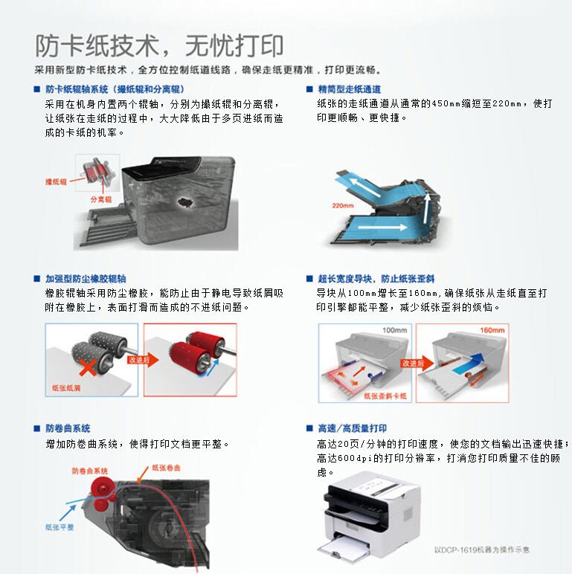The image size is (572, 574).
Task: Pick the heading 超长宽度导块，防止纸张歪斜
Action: click(376, 279)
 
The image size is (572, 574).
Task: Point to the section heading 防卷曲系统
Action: click(68, 428)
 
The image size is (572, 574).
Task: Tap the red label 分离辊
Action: click(100, 200)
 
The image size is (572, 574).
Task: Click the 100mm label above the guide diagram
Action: click(393, 329)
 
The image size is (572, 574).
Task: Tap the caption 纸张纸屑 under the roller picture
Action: click(67, 388)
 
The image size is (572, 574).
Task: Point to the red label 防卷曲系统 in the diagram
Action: click(90, 471)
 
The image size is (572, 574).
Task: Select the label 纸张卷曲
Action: click(166, 468)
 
